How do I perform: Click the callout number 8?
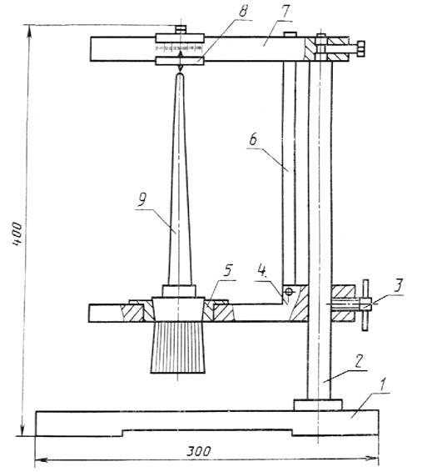coord(243,12)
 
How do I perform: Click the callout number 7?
coord(284,13)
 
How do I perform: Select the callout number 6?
coord(253,139)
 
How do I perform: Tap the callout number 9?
coord(141,199)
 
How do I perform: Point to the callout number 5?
coord(228,271)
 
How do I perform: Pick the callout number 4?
coord(262,271)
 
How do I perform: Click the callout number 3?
coord(398,286)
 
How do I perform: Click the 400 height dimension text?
coord(17,233)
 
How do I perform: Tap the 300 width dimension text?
coord(199,451)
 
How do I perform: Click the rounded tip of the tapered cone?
coord(180,75)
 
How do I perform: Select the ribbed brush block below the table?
coord(178,348)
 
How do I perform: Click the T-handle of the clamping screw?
coord(365,305)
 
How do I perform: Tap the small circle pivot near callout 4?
coord(289,292)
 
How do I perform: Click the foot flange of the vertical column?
coord(318,405)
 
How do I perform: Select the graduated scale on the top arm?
coord(179,48)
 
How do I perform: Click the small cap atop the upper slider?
coord(181,29)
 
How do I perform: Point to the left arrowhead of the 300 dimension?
coord(41,460)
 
